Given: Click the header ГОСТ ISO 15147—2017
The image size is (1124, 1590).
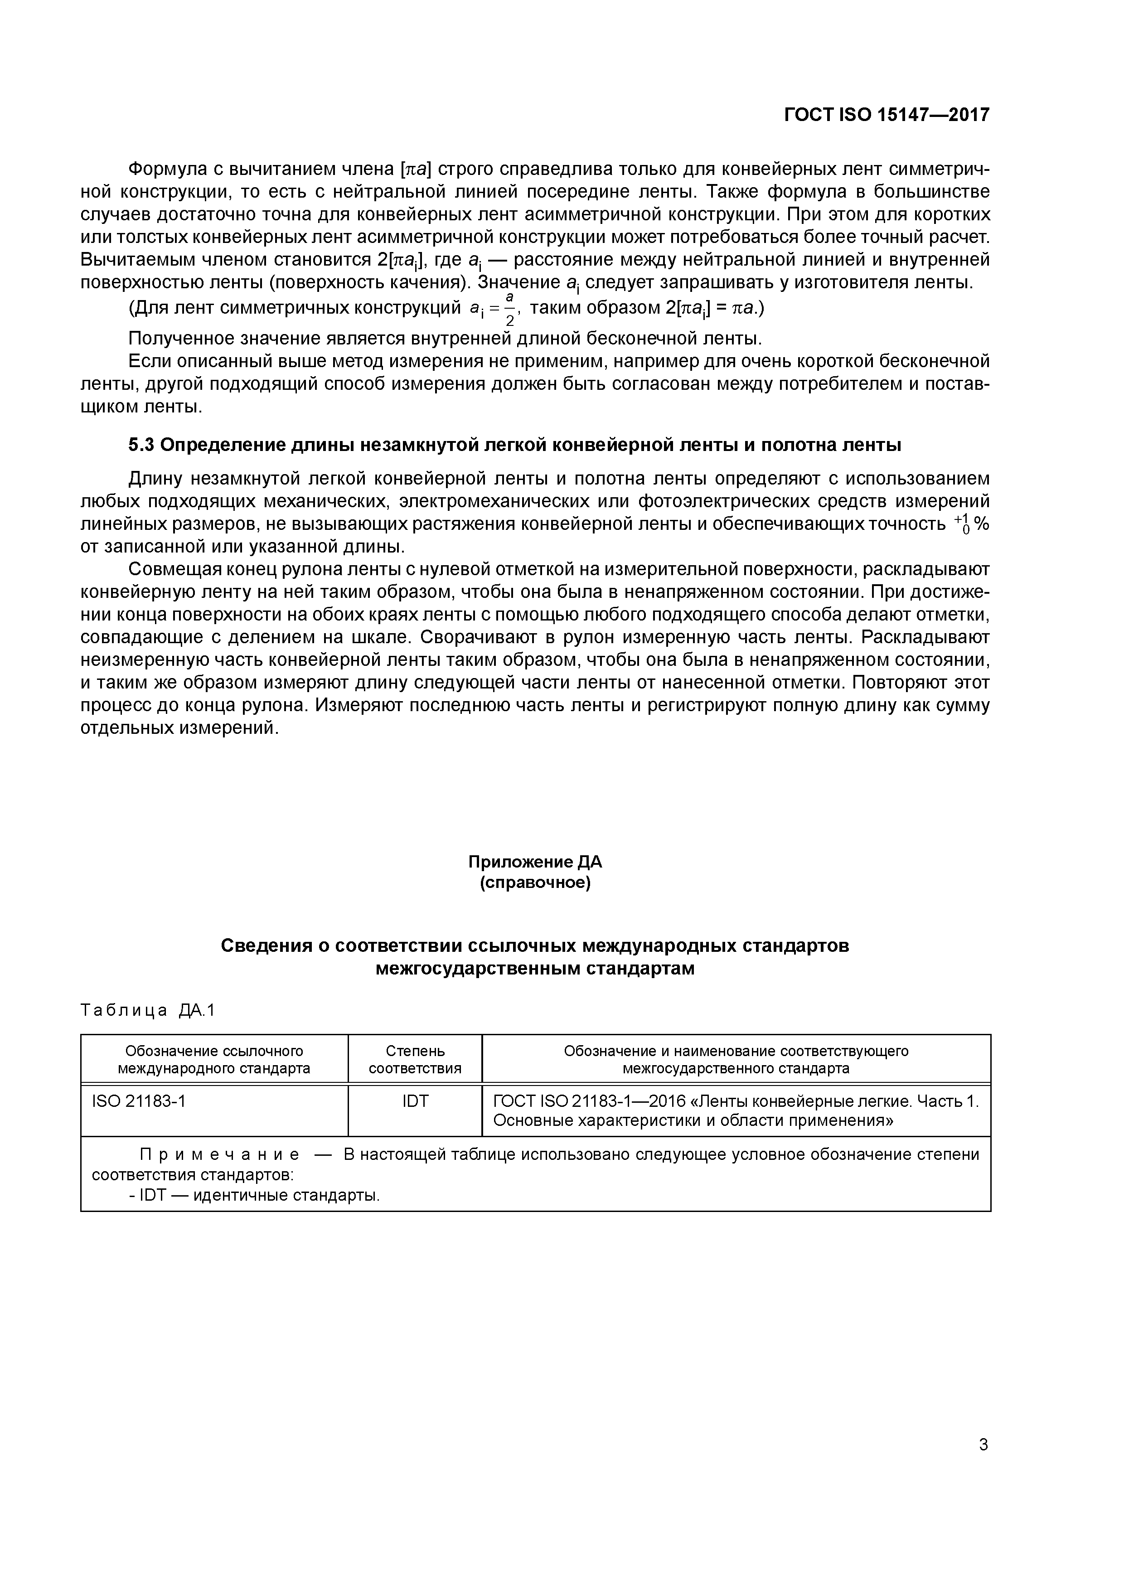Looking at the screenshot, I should (887, 115).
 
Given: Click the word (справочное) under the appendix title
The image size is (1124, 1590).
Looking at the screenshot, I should (535, 884).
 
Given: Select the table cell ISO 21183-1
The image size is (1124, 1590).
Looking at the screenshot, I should (139, 1102).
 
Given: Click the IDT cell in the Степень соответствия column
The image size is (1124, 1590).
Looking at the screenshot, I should (415, 1102).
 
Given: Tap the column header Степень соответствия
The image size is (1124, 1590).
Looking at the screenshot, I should (415, 1060).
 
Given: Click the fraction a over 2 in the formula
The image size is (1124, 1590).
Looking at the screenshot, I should (510, 309).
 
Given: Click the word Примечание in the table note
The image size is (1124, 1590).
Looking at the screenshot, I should (219, 1155).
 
